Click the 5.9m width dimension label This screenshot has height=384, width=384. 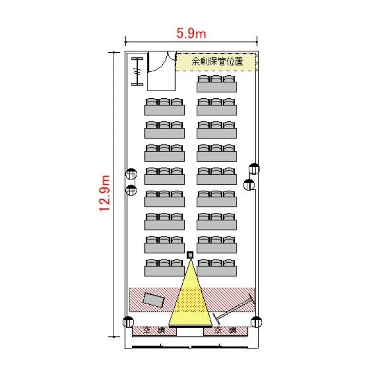click(x=191, y=33)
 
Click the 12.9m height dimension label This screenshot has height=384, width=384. click(x=105, y=193)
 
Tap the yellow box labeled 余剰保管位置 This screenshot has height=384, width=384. click(x=216, y=62)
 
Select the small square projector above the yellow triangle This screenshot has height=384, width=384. click(x=190, y=255)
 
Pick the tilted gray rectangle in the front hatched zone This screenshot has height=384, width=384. click(x=153, y=300)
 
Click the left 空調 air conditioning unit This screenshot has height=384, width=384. click(x=154, y=331)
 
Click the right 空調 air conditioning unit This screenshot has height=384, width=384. click(x=226, y=331)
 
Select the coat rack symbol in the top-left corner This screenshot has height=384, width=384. click(x=137, y=72)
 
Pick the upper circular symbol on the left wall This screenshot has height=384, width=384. click(x=131, y=174)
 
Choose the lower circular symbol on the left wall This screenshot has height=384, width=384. click(x=131, y=190)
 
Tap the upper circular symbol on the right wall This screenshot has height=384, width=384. click(x=254, y=169)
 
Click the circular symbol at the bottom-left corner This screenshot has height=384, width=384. click(x=129, y=322)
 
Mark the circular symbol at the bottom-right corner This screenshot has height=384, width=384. click(x=257, y=322)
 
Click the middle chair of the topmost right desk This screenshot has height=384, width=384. click(x=217, y=79)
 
